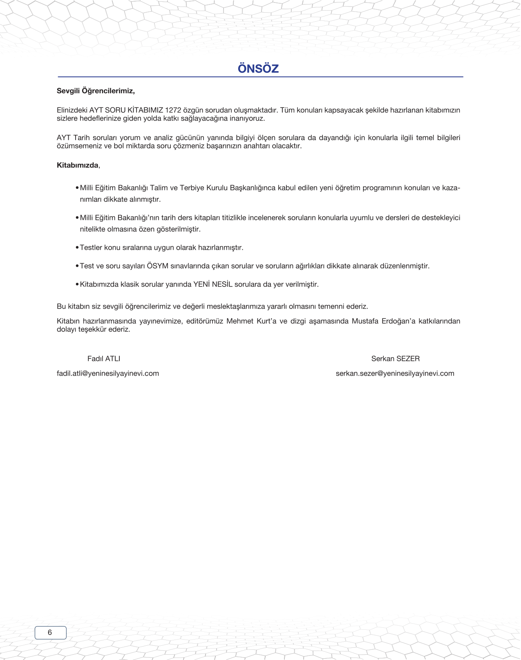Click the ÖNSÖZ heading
click(258, 69)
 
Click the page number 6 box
click(50, 633)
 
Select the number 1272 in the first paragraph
click(173, 110)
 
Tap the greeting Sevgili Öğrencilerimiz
click(96, 91)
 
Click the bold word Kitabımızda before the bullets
click(77, 166)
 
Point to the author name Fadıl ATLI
click(104, 359)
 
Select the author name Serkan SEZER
click(395, 359)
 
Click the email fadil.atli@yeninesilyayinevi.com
click(108, 374)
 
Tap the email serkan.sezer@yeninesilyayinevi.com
click(395, 374)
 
